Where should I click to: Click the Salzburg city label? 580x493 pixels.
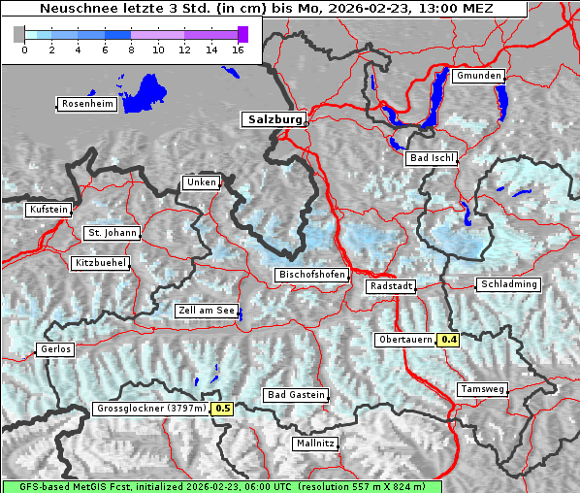(x=273, y=119)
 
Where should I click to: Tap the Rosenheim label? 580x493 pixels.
(x=87, y=104)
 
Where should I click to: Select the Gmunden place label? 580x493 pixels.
(x=478, y=76)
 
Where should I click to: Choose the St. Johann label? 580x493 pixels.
(x=112, y=233)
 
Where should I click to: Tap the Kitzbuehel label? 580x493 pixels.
(x=100, y=263)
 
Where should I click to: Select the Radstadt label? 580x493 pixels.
(x=391, y=286)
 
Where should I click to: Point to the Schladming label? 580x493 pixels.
(x=507, y=284)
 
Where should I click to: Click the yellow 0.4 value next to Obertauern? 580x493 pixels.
(x=449, y=340)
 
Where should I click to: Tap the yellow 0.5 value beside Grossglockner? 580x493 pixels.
(x=223, y=409)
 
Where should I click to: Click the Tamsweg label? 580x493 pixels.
(x=482, y=388)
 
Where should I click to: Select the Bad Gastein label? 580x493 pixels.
(x=297, y=395)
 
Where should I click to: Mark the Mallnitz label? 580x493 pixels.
(x=315, y=444)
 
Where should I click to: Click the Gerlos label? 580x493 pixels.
(x=54, y=349)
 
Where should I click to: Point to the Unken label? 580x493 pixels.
(x=201, y=182)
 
